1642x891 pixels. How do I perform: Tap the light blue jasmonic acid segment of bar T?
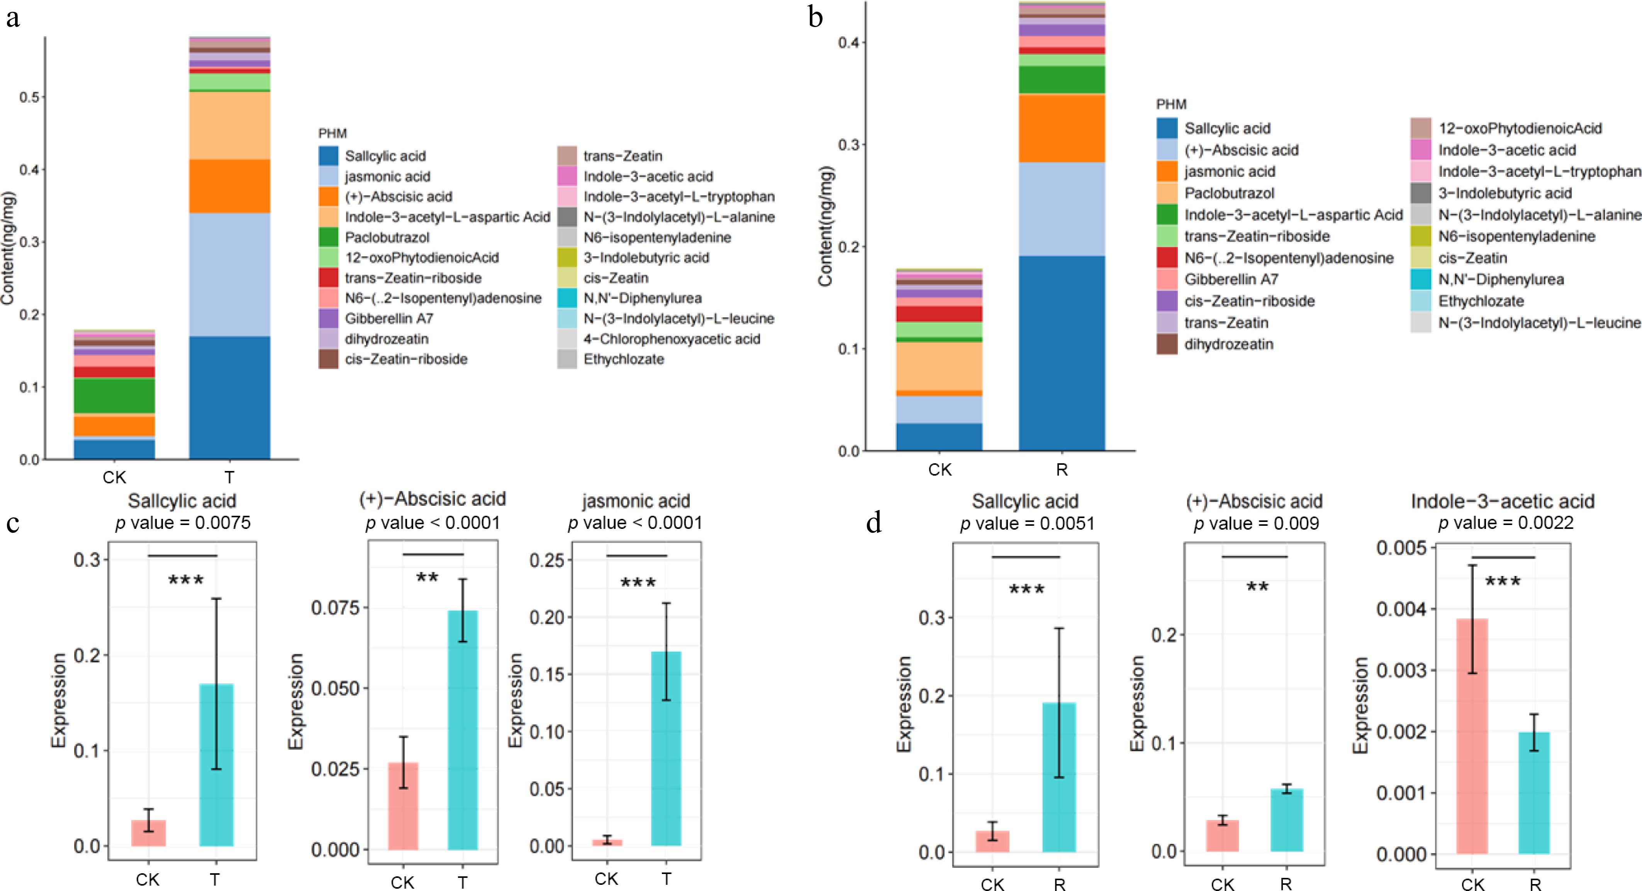[x=229, y=274]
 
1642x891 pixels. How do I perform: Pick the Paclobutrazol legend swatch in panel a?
[x=328, y=237]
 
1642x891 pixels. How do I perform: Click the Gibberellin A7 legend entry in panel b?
[x=1231, y=279]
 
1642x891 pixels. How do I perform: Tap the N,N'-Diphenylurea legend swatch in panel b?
[x=1421, y=279]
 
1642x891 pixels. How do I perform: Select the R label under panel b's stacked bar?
[x=1061, y=470]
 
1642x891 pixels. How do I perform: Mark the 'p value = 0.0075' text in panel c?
[x=183, y=523]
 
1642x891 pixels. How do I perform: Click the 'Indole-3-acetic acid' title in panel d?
[x=1503, y=501]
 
